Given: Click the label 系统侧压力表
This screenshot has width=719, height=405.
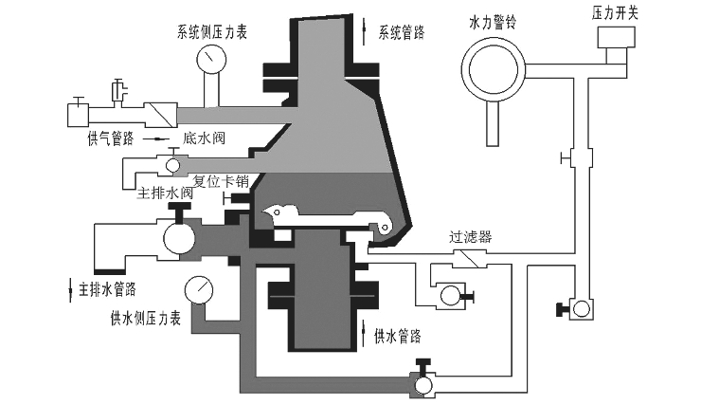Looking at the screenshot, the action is point(212,31).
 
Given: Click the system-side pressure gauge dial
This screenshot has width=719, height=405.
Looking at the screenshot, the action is point(211,59).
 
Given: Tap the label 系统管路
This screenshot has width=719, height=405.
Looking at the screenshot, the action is point(402,32).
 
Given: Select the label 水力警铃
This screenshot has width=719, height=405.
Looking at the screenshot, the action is point(493,21).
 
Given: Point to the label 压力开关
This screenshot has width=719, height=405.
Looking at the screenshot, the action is point(615,12).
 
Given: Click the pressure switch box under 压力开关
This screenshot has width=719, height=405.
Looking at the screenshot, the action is point(617,37).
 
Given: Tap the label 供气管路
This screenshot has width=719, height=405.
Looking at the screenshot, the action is point(111,138).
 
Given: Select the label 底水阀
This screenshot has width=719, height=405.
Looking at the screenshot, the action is point(204,138).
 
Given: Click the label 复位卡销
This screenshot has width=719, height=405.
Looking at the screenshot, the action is point(221,181).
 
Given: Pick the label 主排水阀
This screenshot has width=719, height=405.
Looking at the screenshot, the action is point(165,193).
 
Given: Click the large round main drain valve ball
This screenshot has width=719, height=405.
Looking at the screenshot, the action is point(179,238).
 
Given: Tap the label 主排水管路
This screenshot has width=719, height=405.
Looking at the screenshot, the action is point(107,289).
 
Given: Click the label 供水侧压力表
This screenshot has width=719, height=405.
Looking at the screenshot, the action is point(146,318).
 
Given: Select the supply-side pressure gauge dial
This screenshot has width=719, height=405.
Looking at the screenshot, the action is point(199,289).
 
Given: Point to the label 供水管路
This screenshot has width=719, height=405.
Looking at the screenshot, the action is point(398,336).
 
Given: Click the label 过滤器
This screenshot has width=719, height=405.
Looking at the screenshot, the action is point(471,237).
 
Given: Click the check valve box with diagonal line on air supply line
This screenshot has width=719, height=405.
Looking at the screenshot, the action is point(160,115).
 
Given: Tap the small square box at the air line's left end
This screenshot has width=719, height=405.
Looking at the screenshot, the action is point(78,115).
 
